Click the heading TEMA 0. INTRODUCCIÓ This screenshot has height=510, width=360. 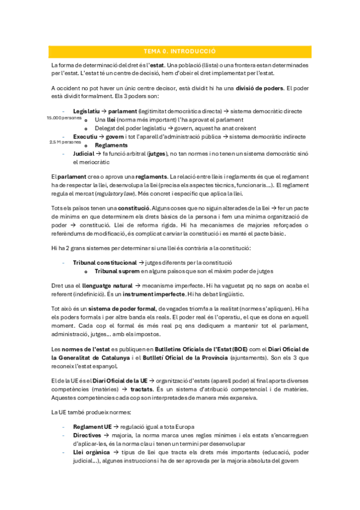pos(180,52)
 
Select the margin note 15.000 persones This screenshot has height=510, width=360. pos(64,118)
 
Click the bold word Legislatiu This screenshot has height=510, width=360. pos(86,111)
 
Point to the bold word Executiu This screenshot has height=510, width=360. pos(85,137)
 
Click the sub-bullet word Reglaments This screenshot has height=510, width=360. pos(111,145)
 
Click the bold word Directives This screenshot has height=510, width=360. pos(87,434)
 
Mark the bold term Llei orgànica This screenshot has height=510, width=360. pos(91,452)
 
